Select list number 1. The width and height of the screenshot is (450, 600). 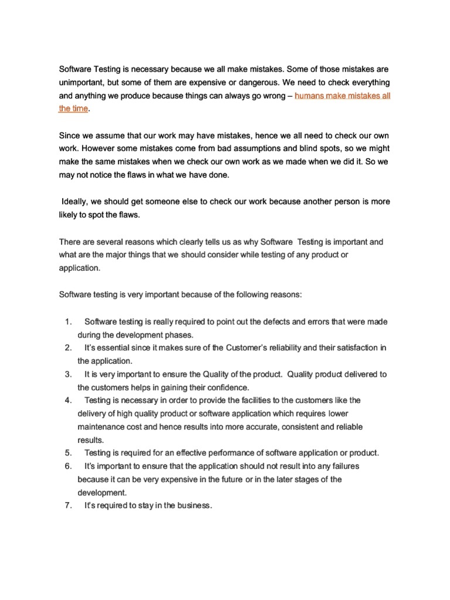67,322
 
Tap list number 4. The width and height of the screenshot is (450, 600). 67,400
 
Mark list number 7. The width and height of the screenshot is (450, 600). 67,506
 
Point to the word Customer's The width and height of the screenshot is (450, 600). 246,347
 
